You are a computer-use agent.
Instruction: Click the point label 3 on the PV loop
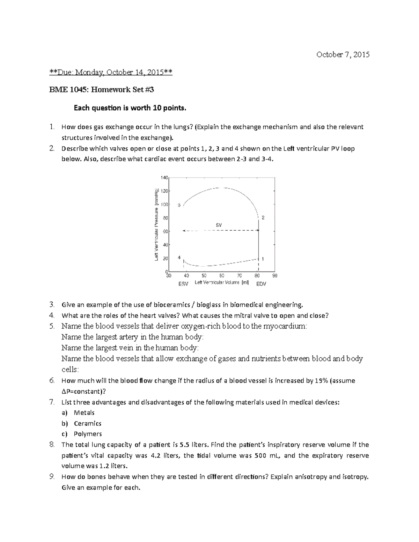(x=179, y=205)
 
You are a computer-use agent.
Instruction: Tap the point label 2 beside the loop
(x=263, y=218)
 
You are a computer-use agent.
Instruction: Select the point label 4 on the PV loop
(x=179, y=258)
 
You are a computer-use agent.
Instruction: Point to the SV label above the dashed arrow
(x=219, y=225)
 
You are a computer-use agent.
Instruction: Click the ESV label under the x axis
(x=183, y=284)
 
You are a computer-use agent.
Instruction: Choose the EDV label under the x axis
(x=261, y=284)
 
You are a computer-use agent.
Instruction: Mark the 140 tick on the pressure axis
(x=164, y=177)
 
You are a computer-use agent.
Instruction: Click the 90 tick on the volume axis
(x=275, y=276)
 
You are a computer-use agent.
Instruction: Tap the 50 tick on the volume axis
(x=204, y=276)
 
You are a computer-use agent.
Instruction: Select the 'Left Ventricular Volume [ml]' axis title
(x=222, y=283)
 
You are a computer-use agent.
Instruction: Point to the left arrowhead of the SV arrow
(x=184, y=231)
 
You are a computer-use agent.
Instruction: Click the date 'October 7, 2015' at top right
(x=343, y=54)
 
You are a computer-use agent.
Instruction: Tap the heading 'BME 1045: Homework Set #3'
(x=101, y=90)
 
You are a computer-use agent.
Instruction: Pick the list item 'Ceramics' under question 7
(x=87, y=423)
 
